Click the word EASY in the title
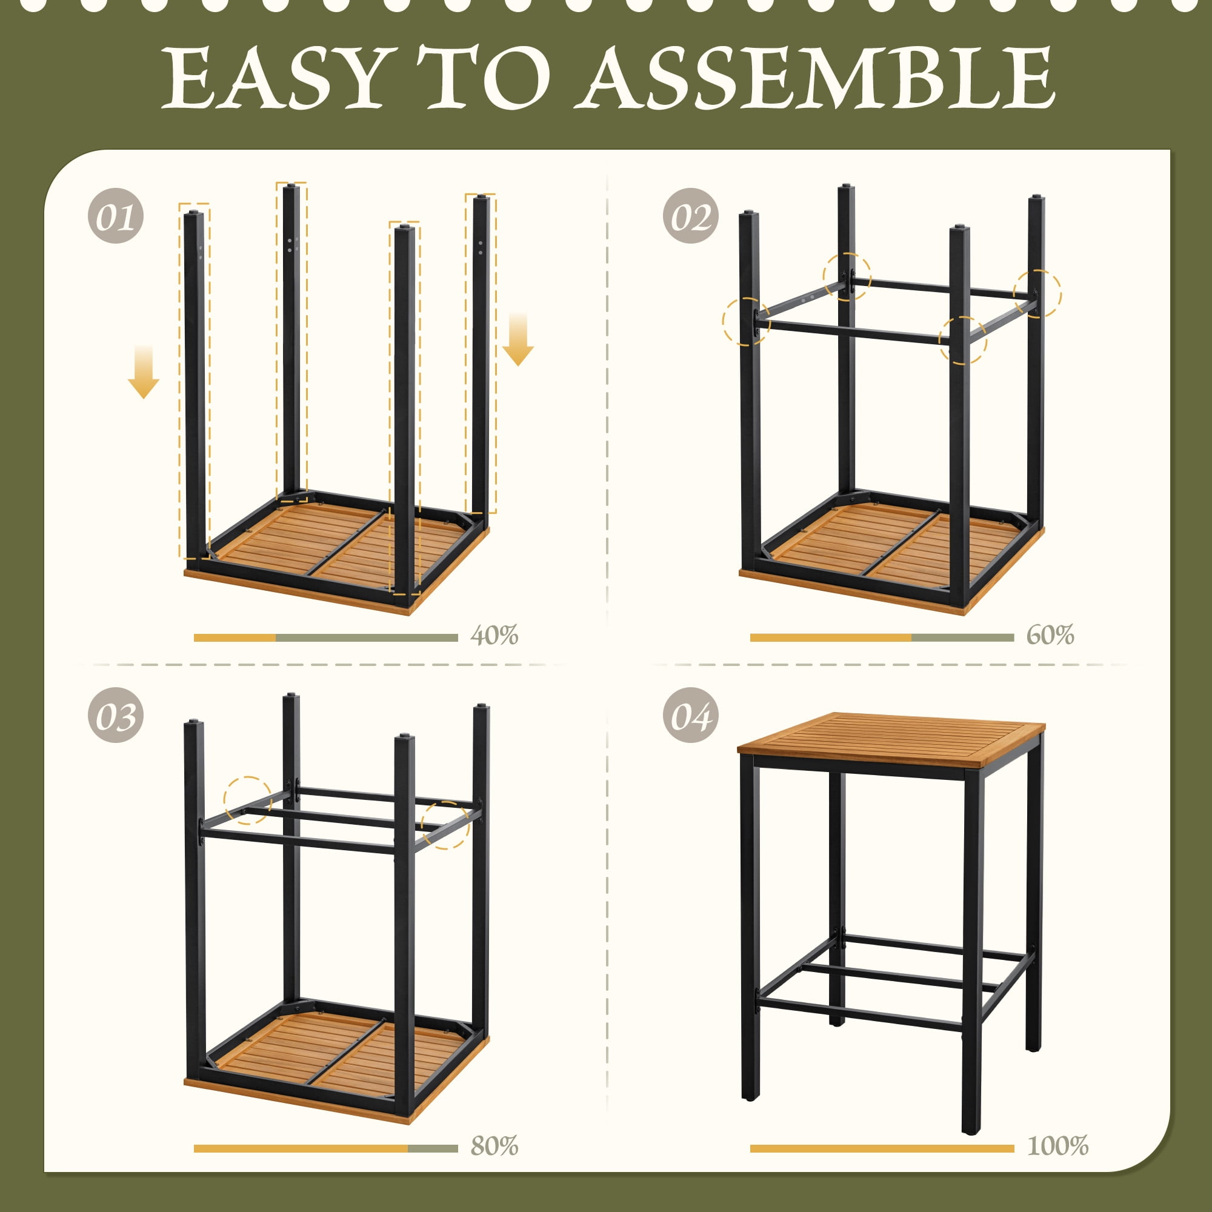pos(271,78)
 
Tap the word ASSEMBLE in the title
pos(820,78)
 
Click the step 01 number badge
pos(115,216)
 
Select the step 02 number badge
pos(691,216)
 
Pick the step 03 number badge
pos(115,715)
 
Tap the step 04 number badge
pos(691,715)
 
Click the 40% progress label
pos(494,635)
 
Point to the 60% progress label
pos(1050,635)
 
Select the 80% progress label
pos(494,1146)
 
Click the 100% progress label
pos(1057,1146)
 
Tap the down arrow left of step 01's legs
pos(144,371)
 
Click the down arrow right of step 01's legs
pos(518,339)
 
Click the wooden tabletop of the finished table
pos(891,741)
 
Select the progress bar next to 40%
pos(325,638)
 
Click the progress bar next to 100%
pos(882,1148)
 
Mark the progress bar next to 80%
pos(325,1148)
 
